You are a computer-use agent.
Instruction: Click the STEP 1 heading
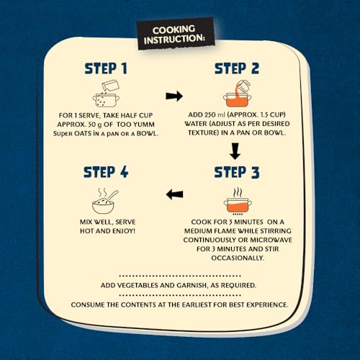coord(106,68)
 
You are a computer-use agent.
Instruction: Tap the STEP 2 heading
coord(237,68)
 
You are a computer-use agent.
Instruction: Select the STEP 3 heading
coord(237,172)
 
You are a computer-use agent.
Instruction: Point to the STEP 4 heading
coord(106,172)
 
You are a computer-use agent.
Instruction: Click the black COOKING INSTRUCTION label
coord(176,34)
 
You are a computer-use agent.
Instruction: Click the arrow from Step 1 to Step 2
coord(174,96)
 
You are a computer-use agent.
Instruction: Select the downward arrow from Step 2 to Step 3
coord(235,151)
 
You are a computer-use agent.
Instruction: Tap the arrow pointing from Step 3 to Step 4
coord(174,194)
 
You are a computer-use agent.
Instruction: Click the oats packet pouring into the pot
coord(110,86)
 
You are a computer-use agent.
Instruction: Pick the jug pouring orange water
coord(243,88)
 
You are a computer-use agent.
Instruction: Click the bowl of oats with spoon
coord(104,201)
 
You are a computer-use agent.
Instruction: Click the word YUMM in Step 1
coord(144,125)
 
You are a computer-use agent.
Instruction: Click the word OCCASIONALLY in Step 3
coord(237,258)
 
